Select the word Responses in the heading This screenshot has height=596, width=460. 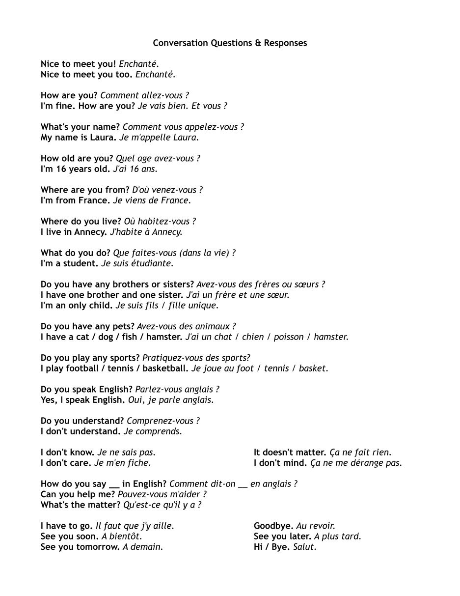click(x=285, y=43)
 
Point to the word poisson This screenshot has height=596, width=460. click(x=288, y=337)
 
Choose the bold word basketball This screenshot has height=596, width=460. click(x=163, y=369)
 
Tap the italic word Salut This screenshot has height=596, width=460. click(x=304, y=547)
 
